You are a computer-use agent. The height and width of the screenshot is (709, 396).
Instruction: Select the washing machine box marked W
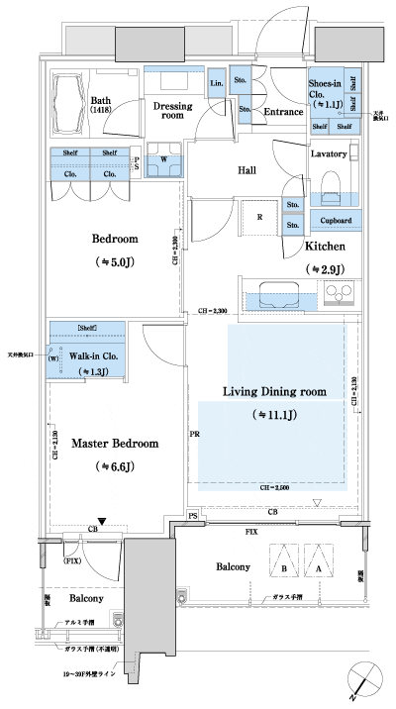[x=162, y=159]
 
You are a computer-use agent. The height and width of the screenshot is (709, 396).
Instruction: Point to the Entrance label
[x=282, y=113]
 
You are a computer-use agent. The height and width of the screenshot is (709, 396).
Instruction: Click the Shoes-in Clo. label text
[x=326, y=93]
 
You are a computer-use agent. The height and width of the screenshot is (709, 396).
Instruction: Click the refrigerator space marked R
[x=258, y=216]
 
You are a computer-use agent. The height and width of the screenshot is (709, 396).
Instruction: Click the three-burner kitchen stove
[x=337, y=294]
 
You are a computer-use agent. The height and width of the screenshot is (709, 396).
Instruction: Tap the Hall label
[x=247, y=170]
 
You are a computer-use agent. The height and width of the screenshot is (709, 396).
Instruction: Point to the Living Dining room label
[x=273, y=393]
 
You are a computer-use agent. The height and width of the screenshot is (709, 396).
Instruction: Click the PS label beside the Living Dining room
[x=192, y=517]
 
